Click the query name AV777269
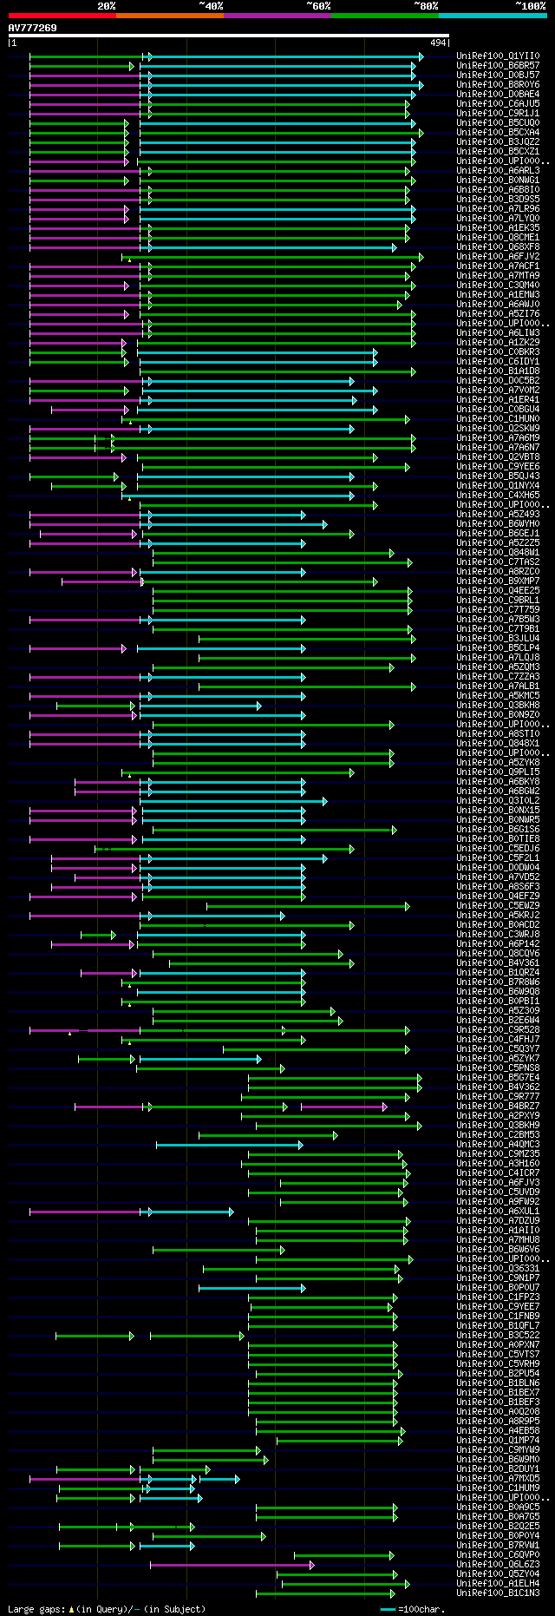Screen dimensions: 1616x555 coord(33,28)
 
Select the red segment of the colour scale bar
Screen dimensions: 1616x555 coord(62,16)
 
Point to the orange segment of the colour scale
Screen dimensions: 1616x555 coord(169,16)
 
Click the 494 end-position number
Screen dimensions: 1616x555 coord(438,43)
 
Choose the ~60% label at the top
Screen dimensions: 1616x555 coord(317,6)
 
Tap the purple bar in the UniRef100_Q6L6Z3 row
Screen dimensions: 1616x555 coord(231,1565)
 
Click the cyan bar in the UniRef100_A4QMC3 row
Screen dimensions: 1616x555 coord(229,1145)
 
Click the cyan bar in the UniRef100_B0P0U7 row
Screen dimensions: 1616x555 coord(251,1288)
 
